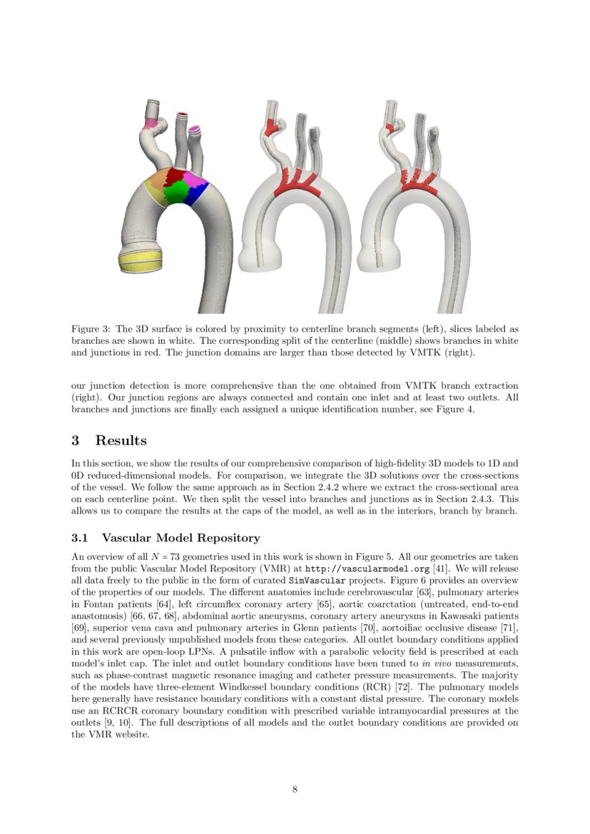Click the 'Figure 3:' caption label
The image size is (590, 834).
[91, 329]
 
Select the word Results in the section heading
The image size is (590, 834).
[121, 440]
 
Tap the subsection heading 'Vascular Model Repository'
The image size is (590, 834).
[181, 537]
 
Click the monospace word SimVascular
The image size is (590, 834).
[316, 580]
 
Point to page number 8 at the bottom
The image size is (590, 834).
[295, 789]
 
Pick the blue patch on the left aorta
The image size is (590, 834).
[197, 191]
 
